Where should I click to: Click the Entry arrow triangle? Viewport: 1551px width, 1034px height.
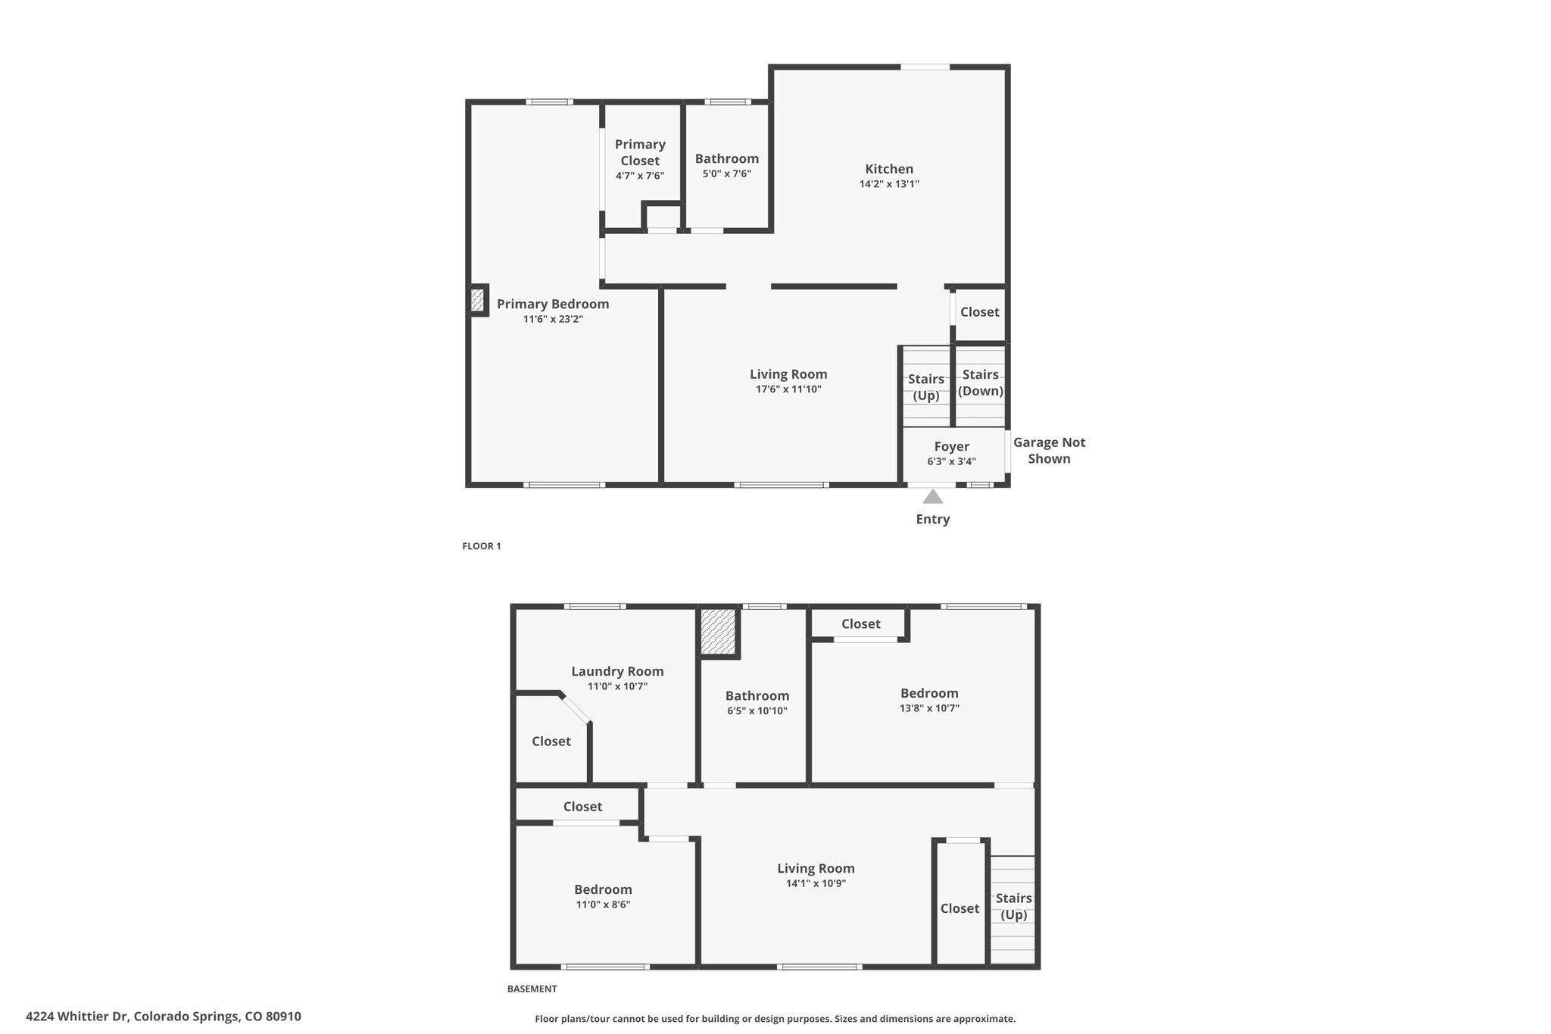coord(933,497)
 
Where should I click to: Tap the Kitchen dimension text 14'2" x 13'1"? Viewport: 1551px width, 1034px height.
coord(889,183)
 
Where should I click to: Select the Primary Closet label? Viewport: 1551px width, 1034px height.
coord(640,152)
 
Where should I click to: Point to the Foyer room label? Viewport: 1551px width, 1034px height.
coord(951,446)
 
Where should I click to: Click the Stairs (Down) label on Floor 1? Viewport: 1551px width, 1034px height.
coord(981,383)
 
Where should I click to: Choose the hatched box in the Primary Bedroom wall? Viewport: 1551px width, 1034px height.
coord(477,300)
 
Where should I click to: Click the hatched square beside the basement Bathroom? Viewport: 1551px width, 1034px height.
coord(718,632)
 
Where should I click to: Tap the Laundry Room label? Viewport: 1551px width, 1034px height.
coord(617,671)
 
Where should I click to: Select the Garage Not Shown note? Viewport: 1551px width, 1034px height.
coord(1049,450)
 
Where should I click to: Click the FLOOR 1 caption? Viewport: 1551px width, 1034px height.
coord(482,546)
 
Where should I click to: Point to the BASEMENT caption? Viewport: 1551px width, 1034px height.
coord(532,989)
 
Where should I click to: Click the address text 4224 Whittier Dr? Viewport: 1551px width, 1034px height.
coord(77,1016)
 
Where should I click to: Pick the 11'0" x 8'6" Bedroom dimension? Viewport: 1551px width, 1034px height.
coord(603,904)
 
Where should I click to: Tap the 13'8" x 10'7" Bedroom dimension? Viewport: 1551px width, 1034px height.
coord(929,708)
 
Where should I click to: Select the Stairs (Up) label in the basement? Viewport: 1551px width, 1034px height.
coord(1013,906)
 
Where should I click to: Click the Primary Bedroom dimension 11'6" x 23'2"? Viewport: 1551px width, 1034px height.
coord(553,319)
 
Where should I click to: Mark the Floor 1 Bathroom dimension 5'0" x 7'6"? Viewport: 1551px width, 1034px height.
coord(726,173)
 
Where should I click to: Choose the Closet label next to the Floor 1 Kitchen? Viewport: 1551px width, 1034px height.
coord(979,312)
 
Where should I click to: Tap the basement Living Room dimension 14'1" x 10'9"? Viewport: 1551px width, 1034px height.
coord(816,883)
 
